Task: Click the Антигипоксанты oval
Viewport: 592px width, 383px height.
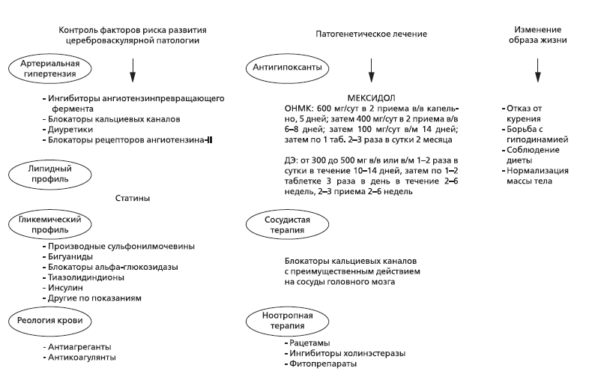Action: point(279,67)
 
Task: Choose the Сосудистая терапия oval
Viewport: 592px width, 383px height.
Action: point(278,224)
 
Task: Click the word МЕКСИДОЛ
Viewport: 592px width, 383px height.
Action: point(371,98)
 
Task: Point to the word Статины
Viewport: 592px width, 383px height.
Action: point(134,199)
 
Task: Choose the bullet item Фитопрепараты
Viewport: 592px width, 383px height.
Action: point(319,364)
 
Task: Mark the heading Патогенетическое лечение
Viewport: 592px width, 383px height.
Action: point(369,34)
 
